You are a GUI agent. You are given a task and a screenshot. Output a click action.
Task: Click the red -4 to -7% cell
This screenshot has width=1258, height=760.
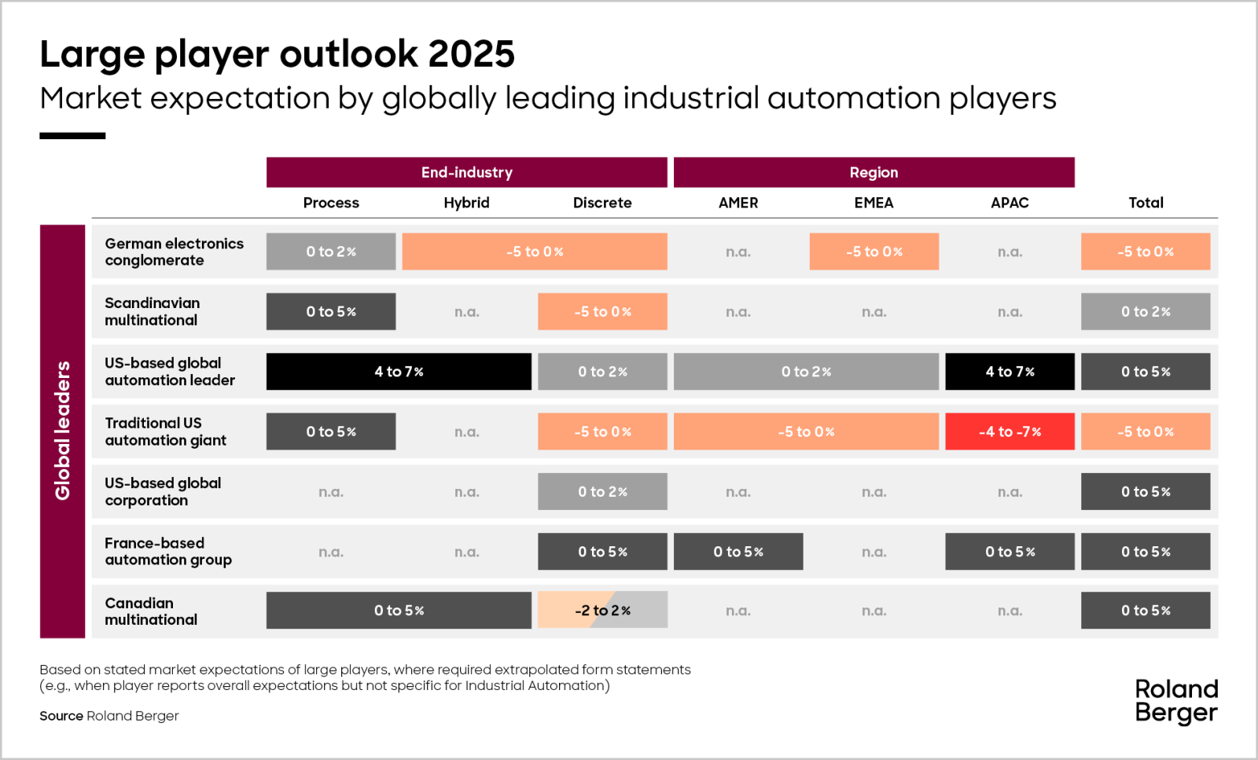pos(1010,431)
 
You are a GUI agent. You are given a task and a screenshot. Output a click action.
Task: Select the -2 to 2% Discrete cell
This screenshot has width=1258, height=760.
pos(602,610)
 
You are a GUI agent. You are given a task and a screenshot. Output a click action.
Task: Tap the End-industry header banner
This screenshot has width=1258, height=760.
pos(466,172)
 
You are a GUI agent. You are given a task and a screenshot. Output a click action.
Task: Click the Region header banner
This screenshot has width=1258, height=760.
pos(874,172)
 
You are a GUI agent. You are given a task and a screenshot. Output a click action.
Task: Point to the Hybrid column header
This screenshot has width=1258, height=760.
pos(466,203)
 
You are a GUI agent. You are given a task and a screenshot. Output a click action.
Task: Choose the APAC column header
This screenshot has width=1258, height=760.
pos(1010,203)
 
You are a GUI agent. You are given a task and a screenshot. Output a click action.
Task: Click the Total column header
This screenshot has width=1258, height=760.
pos(1146,203)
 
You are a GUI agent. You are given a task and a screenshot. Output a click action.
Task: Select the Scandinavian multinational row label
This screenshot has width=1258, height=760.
pos(152,311)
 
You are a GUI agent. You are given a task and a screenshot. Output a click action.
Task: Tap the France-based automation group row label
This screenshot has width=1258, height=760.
pos(167,551)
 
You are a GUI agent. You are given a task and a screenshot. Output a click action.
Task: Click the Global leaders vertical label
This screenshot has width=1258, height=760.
pos(62,431)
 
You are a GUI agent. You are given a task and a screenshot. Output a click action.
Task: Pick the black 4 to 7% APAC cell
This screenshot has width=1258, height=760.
pos(1010,372)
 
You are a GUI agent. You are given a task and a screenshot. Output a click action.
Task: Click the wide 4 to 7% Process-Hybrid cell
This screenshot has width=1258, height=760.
pos(399,372)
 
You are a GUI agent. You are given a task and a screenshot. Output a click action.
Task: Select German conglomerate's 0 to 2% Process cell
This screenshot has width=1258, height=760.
pos(331,251)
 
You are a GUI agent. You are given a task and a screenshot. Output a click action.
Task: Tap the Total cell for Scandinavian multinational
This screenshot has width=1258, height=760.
pos(1146,311)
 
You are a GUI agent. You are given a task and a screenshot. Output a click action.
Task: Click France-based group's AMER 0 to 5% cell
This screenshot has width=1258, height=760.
pos(738,552)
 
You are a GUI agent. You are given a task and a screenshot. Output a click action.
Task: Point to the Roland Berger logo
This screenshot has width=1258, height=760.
pos(1176,701)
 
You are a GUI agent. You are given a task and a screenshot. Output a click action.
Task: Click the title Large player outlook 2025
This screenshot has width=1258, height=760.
pos(277,54)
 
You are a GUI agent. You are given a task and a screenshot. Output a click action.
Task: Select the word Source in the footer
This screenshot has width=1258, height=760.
pos(61,716)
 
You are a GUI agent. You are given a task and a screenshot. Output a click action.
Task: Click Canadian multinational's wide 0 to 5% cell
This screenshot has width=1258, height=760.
pos(399,610)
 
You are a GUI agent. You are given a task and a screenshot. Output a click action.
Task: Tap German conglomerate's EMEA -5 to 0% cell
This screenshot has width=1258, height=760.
pos(874,251)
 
